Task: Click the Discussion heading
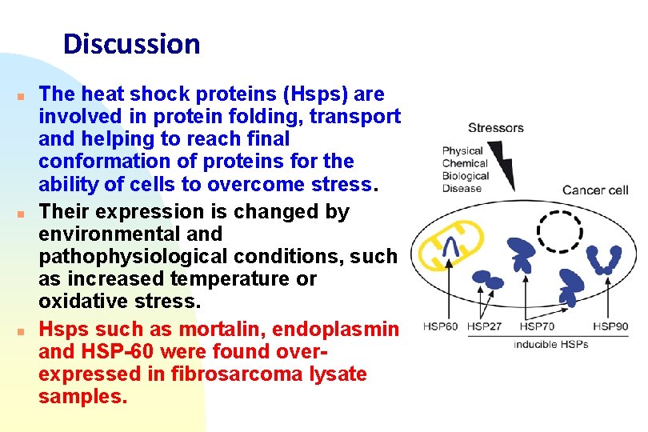pyautogui.click(x=131, y=43)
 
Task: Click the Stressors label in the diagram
pyautogui.click(x=495, y=128)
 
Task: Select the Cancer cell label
pyautogui.click(x=595, y=190)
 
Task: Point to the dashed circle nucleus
pyautogui.click(x=560, y=233)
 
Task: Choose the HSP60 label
pyautogui.click(x=441, y=326)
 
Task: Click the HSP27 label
pyautogui.click(x=486, y=326)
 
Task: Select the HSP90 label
pyautogui.click(x=612, y=326)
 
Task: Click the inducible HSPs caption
pyautogui.click(x=550, y=344)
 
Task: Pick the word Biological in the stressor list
pyautogui.click(x=465, y=176)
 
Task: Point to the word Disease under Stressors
pyautogui.click(x=462, y=189)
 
